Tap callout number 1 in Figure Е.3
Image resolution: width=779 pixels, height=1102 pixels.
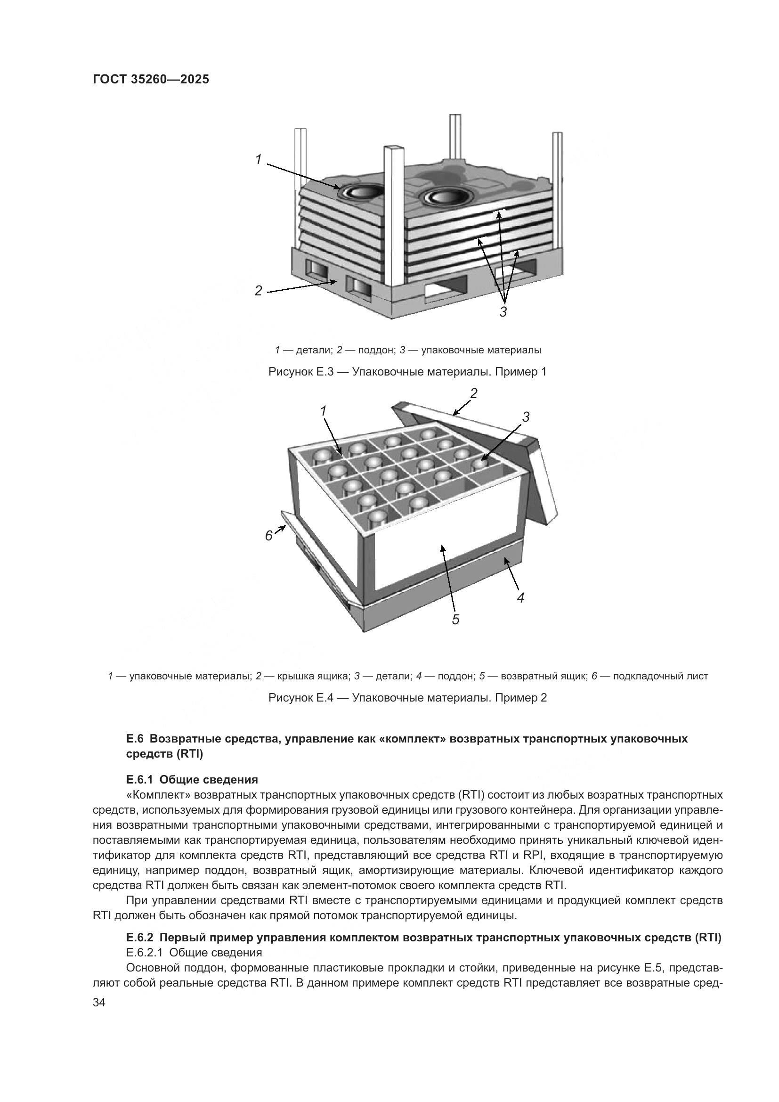pyautogui.click(x=259, y=159)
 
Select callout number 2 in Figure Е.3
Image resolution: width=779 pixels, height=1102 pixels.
pyautogui.click(x=259, y=290)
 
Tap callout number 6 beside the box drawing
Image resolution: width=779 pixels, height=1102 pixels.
pyautogui.click(x=269, y=535)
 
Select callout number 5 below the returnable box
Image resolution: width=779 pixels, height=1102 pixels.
pyautogui.click(x=455, y=620)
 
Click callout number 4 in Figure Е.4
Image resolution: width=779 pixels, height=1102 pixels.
pyautogui.click(x=520, y=597)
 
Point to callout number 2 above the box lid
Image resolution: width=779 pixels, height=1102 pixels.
pyautogui.click(x=473, y=393)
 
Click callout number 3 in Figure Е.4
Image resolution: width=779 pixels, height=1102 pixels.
pyautogui.click(x=526, y=417)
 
